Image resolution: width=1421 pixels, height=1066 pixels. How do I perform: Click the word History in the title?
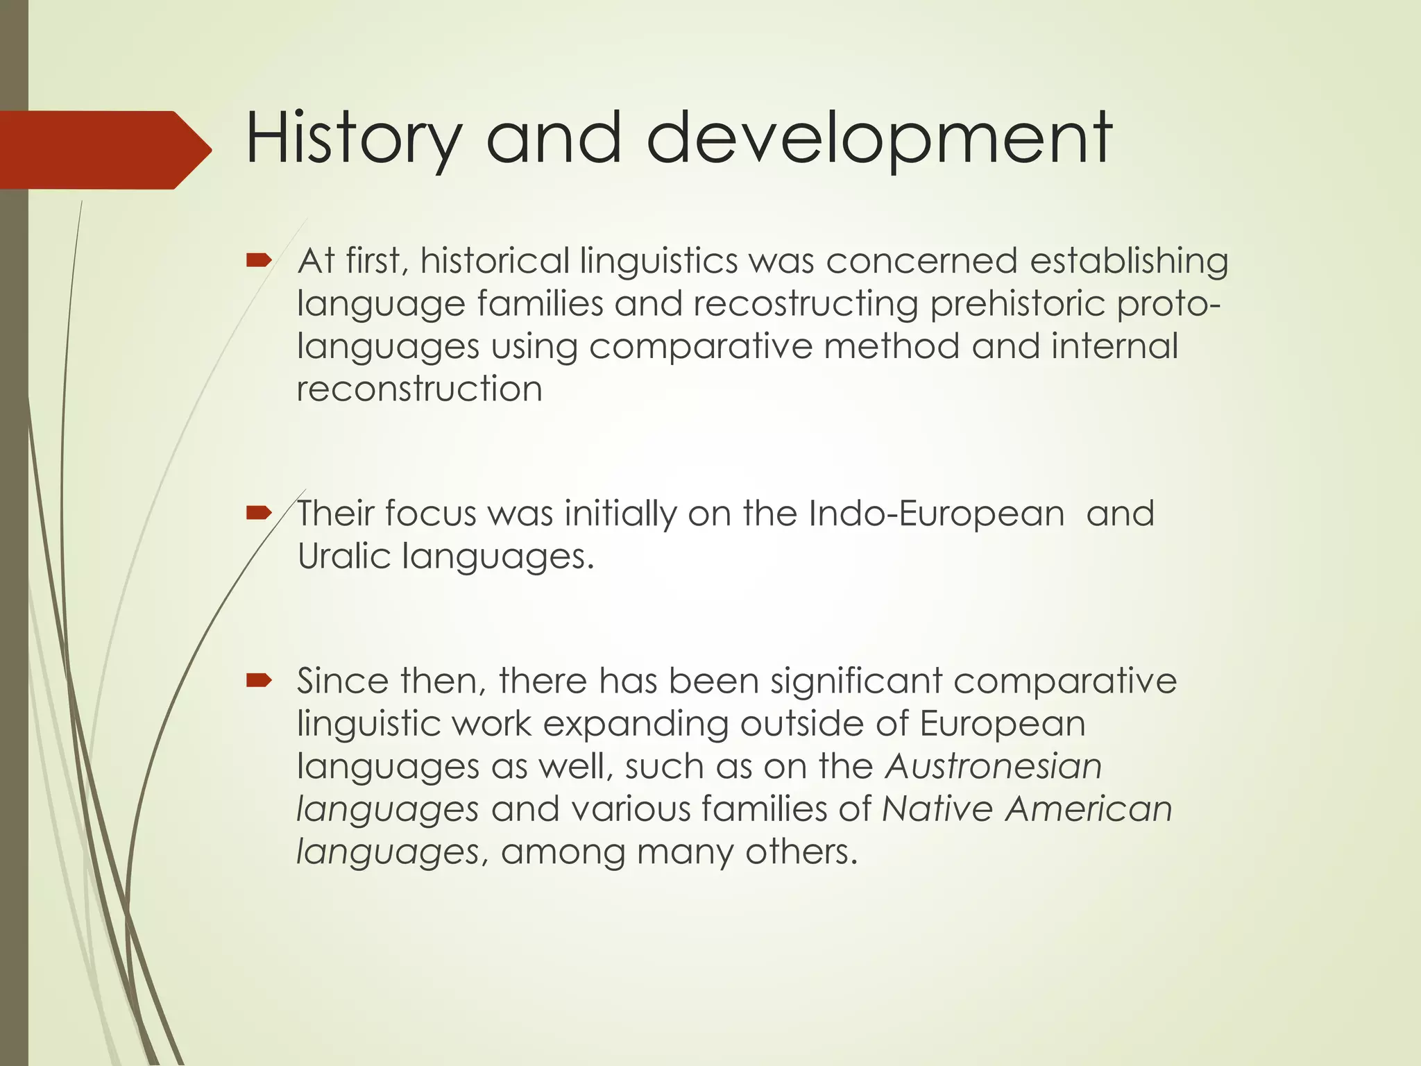coord(352,139)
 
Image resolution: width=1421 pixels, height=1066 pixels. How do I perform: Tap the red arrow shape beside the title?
coord(104,149)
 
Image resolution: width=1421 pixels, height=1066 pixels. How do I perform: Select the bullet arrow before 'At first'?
coord(258,261)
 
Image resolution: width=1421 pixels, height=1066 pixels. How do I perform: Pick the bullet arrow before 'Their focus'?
coord(258,514)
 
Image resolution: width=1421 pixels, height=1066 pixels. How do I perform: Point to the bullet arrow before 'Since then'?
coord(258,681)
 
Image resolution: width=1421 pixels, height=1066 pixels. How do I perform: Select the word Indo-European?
coord(936,514)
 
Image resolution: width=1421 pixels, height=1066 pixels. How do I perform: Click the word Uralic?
coord(344,556)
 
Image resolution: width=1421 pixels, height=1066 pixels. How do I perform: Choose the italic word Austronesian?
coord(994,766)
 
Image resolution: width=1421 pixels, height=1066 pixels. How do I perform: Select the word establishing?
coord(1129,262)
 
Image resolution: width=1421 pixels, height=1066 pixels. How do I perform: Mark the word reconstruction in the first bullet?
coord(419,389)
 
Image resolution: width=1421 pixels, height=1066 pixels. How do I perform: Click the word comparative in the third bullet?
coord(1065,681)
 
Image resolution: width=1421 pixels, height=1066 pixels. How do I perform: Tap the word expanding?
coord(636,724)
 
